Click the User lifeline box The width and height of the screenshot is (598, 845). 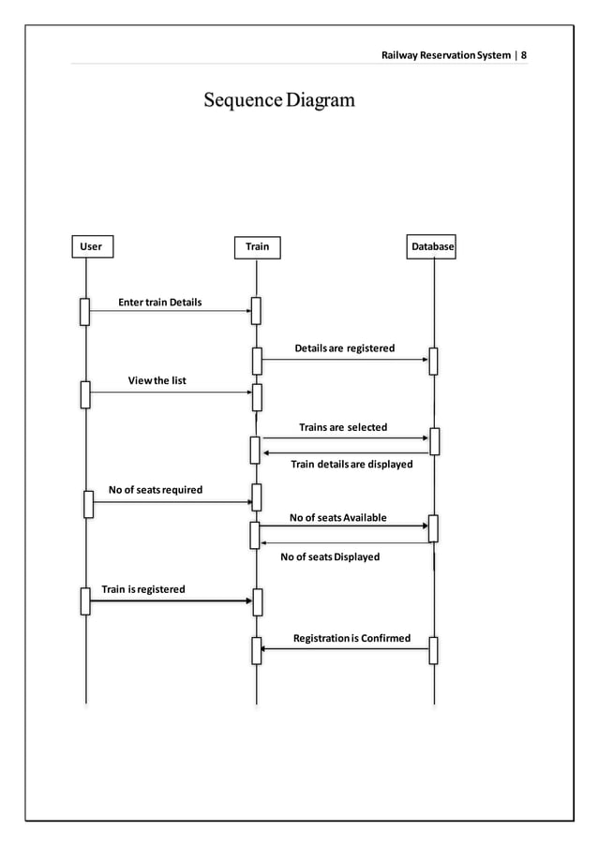(x=91, y=247)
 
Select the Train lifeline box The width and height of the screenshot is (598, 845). (x=257, y=247)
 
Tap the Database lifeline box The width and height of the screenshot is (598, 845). (x=432, y=247)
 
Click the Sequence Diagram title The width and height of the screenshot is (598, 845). (x=279, y=100)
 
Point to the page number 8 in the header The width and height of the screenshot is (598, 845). (x=524, y=55)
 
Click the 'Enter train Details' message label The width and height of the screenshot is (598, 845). (x=159, y=303)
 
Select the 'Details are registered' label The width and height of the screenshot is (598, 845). (x=344, y=348)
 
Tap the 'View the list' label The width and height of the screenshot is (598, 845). (x=157, y=380)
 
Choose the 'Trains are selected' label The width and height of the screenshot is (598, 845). (x=342, y=427)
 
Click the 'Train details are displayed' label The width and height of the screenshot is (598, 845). (x=351, y=464)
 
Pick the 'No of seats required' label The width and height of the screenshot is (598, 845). (x=155, y=490)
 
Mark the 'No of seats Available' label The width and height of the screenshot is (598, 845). (x=337, y=518)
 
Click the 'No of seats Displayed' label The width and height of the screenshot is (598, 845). (x=330, y=556)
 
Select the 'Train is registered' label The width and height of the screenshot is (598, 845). (x=143, y=589)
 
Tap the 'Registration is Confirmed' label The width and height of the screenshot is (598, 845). (x=351, y=638)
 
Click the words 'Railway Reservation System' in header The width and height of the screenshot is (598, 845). (x=445, y=55)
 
